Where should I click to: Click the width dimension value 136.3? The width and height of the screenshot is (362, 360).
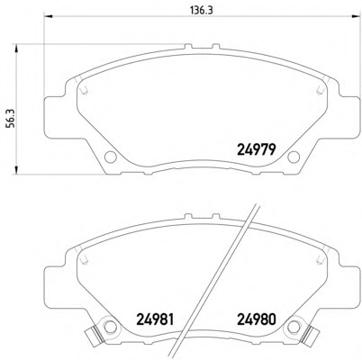pos(202,11)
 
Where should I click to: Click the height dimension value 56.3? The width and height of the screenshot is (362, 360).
pos(11,118)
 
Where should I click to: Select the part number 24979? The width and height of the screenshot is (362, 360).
pos(257,149)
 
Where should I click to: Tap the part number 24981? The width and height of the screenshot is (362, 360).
pos(155,319)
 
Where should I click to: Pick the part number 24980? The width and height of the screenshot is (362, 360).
pos(257,319)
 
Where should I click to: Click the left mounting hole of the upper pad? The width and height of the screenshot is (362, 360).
pos(111,157)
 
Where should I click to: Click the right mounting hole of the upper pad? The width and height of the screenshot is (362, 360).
pos(294,157)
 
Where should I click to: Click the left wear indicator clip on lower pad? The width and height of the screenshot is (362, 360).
pos(94,335)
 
